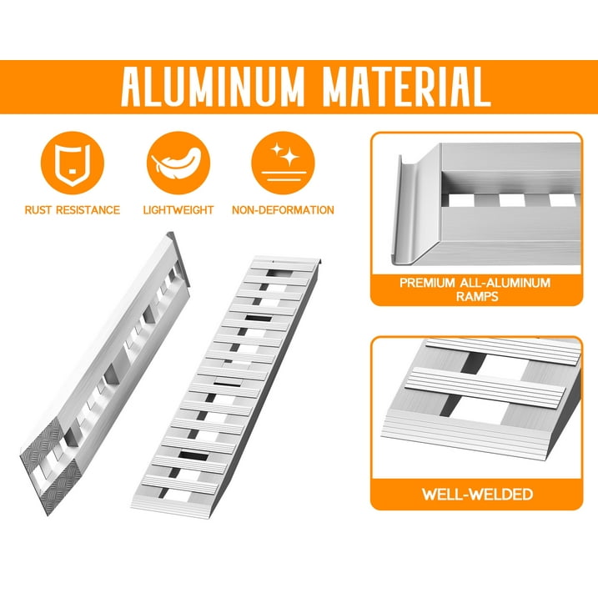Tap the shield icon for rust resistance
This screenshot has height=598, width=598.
(x=72, y=162)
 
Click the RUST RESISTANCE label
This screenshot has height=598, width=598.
(x=72, y=210)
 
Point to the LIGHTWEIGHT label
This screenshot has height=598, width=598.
(x=178, y=210)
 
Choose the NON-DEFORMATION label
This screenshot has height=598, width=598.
(x=283, y=210)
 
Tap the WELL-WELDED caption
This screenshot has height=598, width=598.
(x=476, y=495)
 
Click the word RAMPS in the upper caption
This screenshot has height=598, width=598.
(x=475, y=297)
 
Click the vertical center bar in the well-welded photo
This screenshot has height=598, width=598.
(x=472, y=393)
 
